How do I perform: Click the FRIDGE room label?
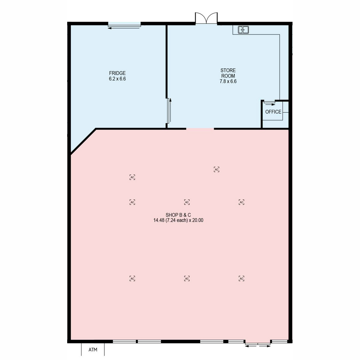click(x=117, y=73)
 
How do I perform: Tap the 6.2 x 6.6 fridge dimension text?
click(x=117, y=79)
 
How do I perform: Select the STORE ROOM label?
click(x=228, y=73)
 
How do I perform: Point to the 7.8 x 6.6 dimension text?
click(x=228, y=81)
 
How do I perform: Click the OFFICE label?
click(x=273, y=112)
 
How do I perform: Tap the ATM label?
click(x=93, y=349)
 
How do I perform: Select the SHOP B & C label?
click(x=178, y=215)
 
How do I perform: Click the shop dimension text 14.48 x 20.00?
click(x=178, y=220)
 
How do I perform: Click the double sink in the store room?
click(x=243, y=30)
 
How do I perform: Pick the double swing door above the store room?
click(x=206, y=18)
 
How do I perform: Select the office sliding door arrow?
click(x=270, y=105)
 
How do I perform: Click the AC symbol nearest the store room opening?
click(x=216, y=169)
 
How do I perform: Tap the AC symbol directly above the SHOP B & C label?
click(x=187, y=202)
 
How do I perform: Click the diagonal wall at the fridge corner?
click(x=83, y=141)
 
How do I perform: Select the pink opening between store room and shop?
click(x=200, y=129)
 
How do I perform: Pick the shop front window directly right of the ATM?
click(x=124, y=341)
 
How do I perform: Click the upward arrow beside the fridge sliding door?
click(x=170, y=110)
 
